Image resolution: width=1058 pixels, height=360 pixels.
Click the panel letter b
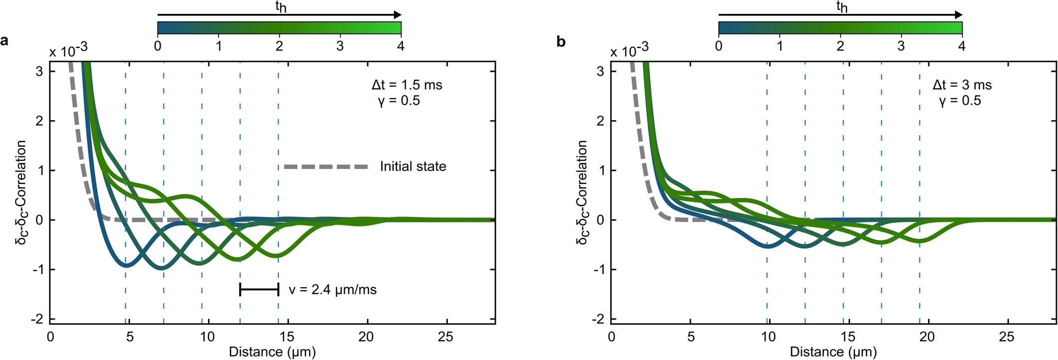(x=561, y=42)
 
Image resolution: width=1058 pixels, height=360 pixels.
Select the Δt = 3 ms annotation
(x=962, y=85)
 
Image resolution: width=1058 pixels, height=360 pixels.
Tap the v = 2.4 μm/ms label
(x=333, y=290)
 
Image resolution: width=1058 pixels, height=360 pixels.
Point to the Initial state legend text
(x=413, y=167)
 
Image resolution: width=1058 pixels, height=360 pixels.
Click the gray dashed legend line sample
(x=326, y=167)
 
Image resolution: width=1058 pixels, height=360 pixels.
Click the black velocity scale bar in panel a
(x=259, y=289)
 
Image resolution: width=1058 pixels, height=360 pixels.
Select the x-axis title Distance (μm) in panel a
(x=272, y=352)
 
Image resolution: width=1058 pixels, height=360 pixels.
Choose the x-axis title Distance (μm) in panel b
(x=834, y=352)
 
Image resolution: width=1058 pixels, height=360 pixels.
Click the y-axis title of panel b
(x=582, y=192)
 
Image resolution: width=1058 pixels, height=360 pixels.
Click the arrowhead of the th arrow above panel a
(x=397, y=15)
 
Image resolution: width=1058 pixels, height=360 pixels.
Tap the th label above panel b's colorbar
(x=841, y=6)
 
